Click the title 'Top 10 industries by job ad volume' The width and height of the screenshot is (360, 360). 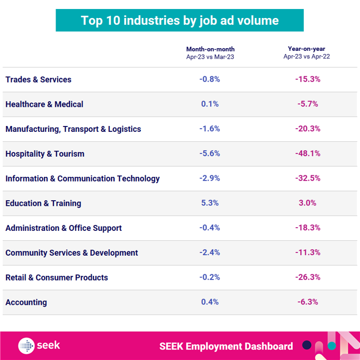pos(179,21)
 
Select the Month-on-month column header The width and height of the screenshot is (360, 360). pos(210,52)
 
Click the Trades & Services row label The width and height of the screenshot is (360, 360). pos(38,79)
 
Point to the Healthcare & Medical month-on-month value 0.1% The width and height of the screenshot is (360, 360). pos(210,104)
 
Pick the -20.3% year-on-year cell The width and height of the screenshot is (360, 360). pos(308,129)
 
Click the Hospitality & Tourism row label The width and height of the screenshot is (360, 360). pos(44,154)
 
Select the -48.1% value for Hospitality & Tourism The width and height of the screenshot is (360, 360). pos(308,154)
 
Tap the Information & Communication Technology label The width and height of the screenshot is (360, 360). pos(82,178)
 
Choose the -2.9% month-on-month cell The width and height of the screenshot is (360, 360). pos(210,178)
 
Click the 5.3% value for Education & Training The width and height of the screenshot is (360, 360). pos(210,203)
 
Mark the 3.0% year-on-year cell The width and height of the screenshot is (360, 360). pos(308,203)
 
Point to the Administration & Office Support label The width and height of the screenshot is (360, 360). pos(64,228)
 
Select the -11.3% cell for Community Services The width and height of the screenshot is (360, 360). pos(308,253)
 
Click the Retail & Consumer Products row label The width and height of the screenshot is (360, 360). pos(57,277)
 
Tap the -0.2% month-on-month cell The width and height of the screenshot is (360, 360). pos(210,277)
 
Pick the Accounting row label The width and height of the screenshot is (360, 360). pos(26,302)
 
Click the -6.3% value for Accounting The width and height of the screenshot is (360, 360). pos(308,302)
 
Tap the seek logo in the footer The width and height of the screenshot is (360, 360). pos(39,346)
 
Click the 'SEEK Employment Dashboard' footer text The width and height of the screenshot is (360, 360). pos(226,346)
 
